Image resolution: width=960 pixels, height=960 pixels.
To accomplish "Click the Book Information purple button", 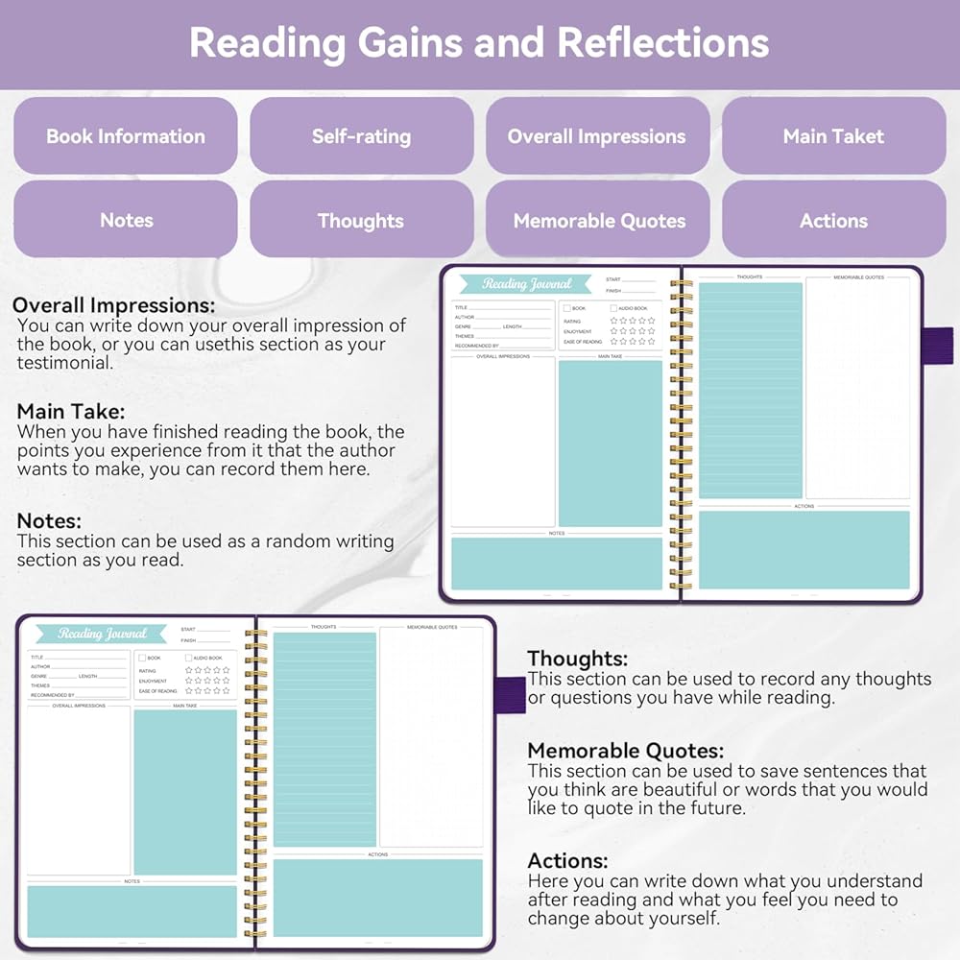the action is [x=126, y=136].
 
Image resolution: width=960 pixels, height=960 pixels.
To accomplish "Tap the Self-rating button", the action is [x=361, y=136].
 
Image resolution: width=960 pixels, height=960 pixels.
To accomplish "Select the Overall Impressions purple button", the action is [x=597, y=136].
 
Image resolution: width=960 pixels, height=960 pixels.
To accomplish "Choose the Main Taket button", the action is [x=833, y=136].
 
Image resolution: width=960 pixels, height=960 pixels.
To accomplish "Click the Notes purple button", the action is [x=126, y=220].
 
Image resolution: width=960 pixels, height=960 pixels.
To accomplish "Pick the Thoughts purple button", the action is [x=361, y=220].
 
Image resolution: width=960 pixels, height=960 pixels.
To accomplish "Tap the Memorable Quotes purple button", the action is [x=597, y=220].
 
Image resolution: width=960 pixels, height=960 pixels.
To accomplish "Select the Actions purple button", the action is [x=833, y=220].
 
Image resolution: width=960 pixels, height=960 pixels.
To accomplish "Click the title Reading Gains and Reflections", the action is [x=479, y=43].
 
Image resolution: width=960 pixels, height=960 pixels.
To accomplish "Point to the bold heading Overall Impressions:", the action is [x=114, y=305].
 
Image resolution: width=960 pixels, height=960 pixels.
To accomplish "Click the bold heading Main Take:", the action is [x=71, y=412].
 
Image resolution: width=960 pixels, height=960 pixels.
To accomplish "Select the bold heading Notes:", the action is [x=50, y=521].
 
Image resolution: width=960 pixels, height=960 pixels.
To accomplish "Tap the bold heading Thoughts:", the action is [x=578, y=659].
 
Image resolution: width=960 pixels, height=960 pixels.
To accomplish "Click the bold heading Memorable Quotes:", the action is [x=626, y=751].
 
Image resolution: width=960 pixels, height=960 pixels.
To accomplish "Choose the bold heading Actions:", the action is [x=568, y=861].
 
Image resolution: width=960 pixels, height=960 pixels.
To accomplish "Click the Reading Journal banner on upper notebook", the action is [x=525, y=284].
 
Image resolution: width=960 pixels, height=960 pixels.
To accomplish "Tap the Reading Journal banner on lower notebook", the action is [x=101, y=634].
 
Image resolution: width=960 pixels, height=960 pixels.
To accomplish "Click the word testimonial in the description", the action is [x=64, y=364].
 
